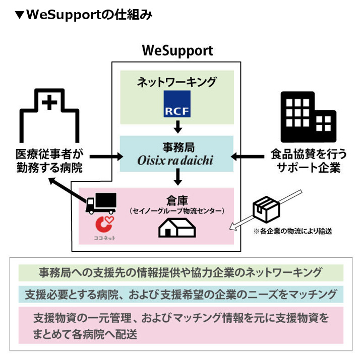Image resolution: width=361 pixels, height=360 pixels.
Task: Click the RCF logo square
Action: [177, 103]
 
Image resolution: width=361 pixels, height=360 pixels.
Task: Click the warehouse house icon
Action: [176, 227]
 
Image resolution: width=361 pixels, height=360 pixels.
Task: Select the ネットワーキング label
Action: [176, 82]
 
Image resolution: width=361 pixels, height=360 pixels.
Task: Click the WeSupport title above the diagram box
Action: [177, 51]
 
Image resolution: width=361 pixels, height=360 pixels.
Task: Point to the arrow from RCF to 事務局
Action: [177, 126]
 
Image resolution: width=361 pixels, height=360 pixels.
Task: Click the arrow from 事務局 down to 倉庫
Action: [177, 176]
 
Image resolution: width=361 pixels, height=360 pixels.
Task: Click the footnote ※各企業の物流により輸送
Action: [292, 232]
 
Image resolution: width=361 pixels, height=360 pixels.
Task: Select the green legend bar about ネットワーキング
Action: [180, 272]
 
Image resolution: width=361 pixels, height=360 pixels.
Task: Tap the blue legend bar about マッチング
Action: [180, 294]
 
